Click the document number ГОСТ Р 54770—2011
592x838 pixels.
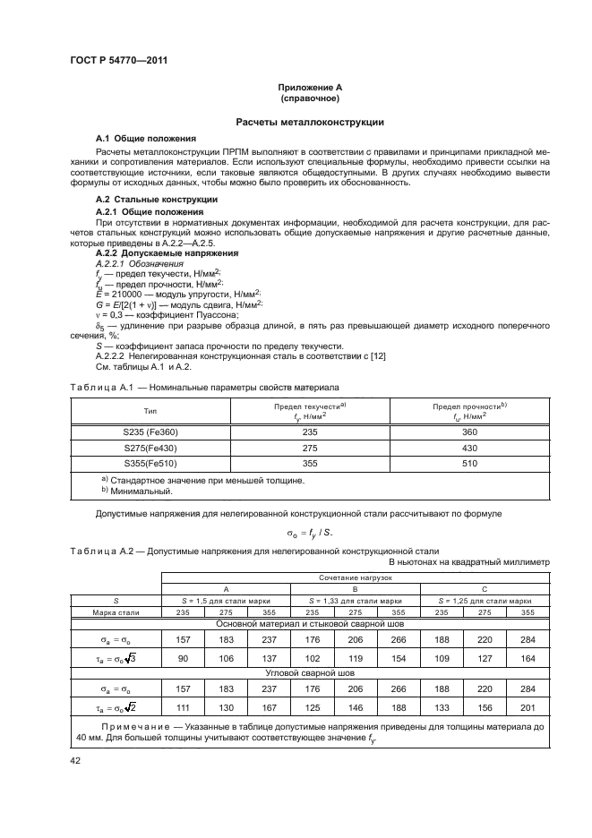[x=118, y=60]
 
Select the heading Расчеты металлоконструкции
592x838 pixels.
[x=310, y=121]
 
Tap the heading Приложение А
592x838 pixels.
[x=310, y=87]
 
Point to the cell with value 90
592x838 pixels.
[x=183, y=658]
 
